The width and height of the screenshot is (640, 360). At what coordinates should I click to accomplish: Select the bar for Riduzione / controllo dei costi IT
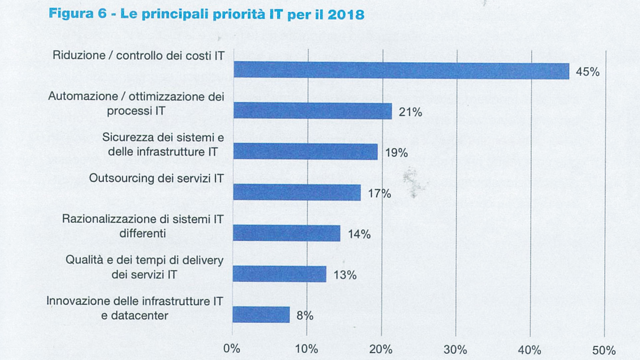point(401,71)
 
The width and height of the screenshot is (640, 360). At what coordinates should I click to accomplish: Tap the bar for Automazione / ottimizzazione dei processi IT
point(313,111)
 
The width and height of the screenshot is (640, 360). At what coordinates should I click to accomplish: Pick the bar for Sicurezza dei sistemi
point(305,152)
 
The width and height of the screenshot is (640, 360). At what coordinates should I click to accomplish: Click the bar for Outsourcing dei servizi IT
point(297,192)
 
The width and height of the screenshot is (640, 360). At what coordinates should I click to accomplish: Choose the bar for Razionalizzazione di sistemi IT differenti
point(287,233)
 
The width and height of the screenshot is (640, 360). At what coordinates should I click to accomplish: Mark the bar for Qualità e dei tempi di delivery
point(279,274)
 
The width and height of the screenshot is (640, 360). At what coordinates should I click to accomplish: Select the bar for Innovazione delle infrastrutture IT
point(261,315)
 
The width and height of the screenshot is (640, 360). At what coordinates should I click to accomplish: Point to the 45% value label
point(587,72)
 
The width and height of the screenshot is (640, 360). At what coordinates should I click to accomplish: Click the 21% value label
point(410,112)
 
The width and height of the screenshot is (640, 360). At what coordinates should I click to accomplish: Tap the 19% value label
point(396,153)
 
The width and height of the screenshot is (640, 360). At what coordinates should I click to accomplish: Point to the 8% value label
point(305,315)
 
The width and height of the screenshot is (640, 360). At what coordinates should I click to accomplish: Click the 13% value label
point(345,275)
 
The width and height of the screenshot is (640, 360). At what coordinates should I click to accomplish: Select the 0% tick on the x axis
point(232,349)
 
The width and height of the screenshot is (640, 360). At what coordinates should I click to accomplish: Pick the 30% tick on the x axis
point(455,350)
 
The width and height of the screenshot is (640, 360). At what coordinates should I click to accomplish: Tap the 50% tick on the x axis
point(604,350)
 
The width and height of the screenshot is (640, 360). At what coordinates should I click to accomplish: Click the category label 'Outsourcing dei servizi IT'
point(156,179)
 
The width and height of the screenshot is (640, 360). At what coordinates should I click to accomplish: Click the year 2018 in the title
point(346,15)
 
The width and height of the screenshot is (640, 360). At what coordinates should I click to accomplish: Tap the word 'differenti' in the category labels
point(143,233)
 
